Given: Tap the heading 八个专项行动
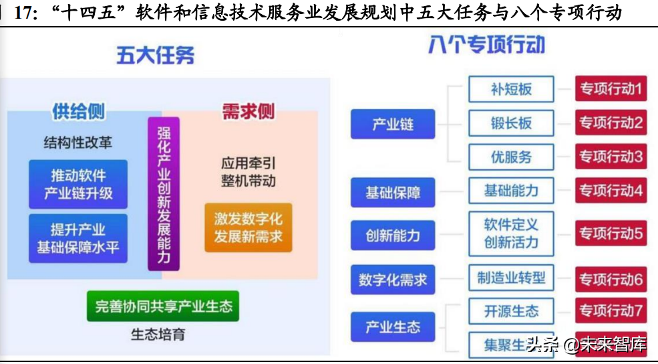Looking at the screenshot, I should (x=486, y=45).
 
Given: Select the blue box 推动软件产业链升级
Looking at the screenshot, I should (x=78, y=185).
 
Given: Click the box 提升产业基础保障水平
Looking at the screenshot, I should (x=78, y=238).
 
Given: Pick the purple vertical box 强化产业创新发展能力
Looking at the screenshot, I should (x=164, y=193).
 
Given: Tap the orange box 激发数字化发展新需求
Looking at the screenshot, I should (x=248, y=227).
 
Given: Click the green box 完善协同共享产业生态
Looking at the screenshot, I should (x=163, y=306).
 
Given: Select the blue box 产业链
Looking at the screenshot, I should (x=393, y=124).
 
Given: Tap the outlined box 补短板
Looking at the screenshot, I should (x=511, y=89).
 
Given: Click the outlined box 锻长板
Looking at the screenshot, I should (x=511, y=123).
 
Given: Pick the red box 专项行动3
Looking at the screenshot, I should (x=611, y=157).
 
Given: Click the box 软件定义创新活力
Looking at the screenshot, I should (x=511, y=233).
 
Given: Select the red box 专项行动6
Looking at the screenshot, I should (x=611, y=278).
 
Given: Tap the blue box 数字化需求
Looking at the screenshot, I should (x=393, y=280).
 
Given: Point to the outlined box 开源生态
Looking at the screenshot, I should (x=511, y=311).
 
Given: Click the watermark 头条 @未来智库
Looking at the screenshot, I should (x=586, y=345).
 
